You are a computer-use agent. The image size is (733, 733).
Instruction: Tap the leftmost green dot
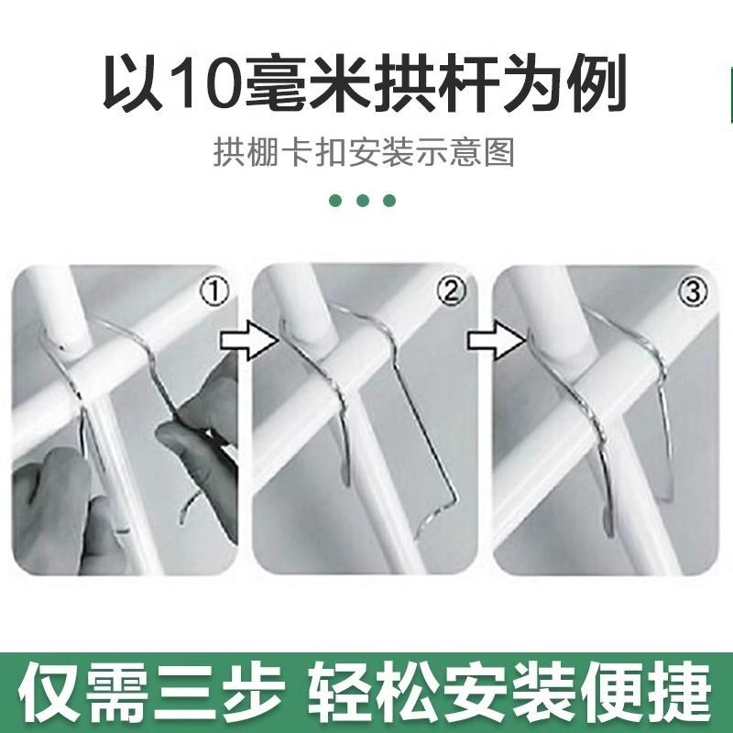click(x=336, y=201)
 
